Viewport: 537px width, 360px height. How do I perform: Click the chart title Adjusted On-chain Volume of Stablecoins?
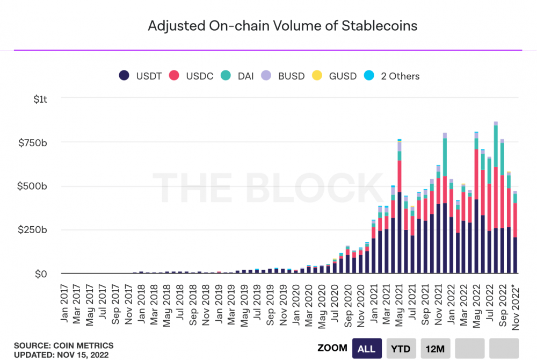point(282,26)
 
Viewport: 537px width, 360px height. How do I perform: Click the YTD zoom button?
point(401,349)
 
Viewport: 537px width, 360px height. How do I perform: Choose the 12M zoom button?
point(436,349)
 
